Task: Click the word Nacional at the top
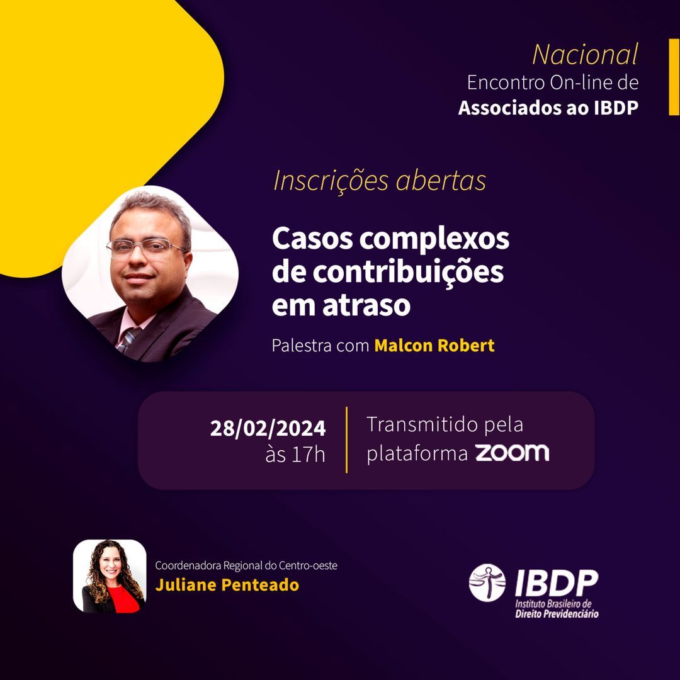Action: click(585, 55)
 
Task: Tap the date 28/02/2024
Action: click(268, 428)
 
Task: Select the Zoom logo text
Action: click(511, 453)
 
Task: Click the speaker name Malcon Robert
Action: click(434, 346)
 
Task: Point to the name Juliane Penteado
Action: click(227, 585)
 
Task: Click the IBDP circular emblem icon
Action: click(487, 582)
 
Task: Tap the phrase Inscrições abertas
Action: click(380, 181)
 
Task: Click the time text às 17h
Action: click(295, 455)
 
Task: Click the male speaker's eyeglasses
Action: click(146, 247)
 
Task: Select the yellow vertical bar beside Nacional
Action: click(674, 77)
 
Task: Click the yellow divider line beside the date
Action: click(346, 439)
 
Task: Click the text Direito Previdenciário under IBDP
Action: click(557, 613)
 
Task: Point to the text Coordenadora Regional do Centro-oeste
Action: click(246, 565)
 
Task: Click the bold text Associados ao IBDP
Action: click(548, 108)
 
